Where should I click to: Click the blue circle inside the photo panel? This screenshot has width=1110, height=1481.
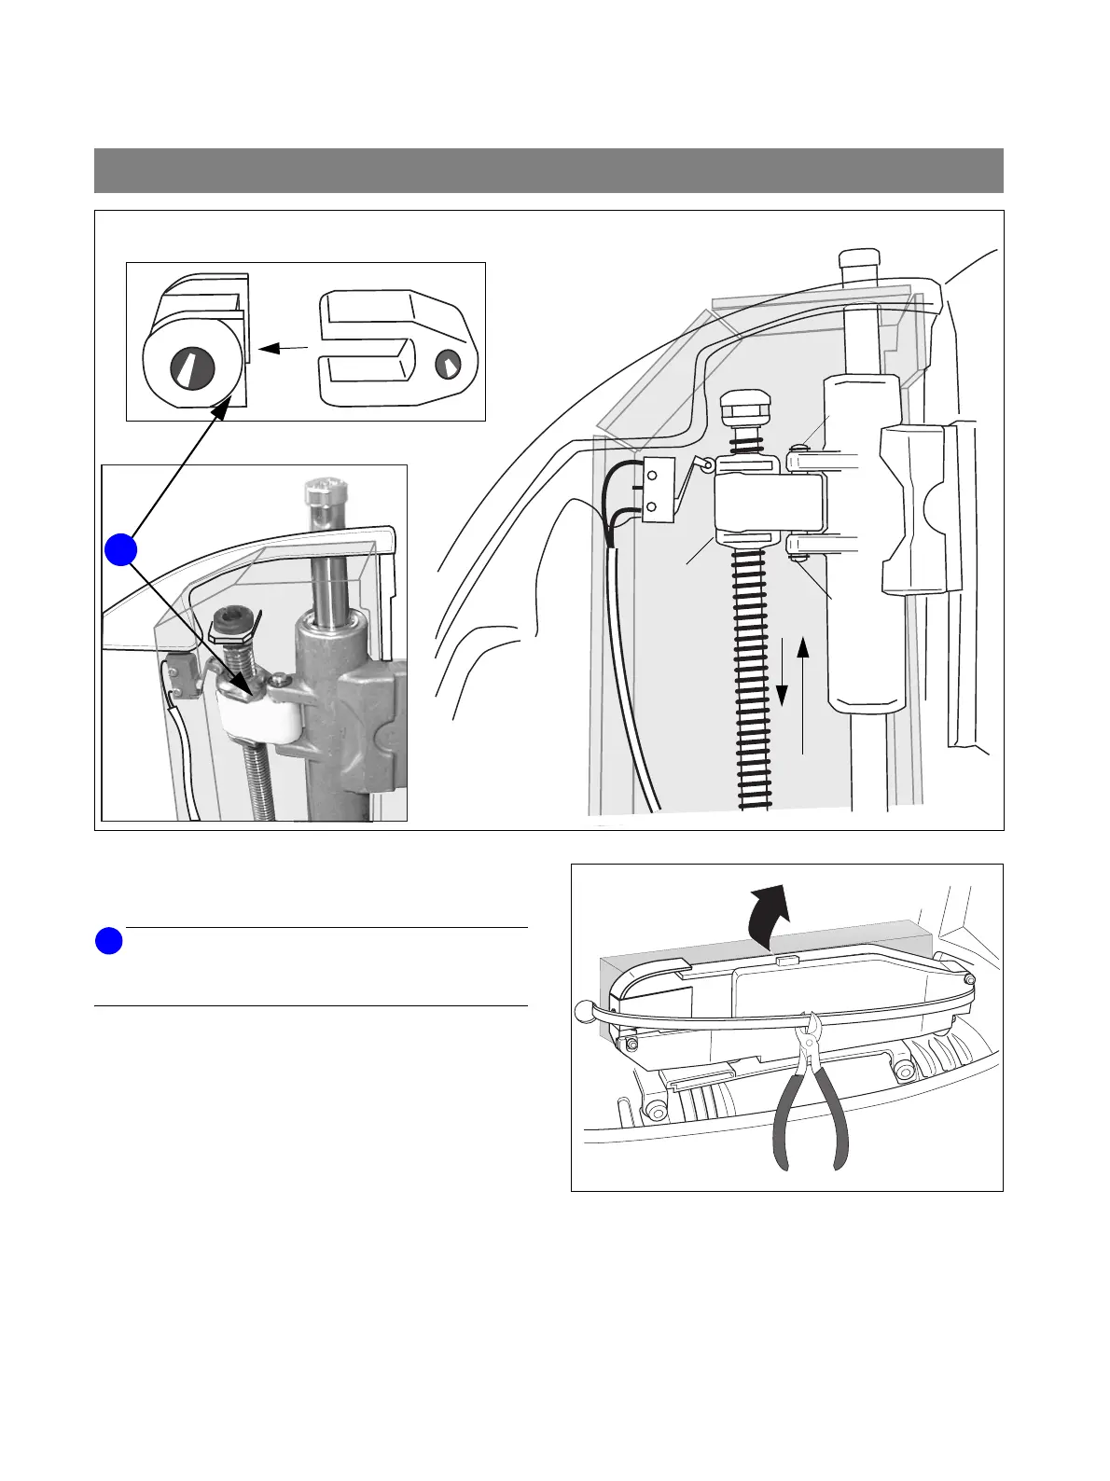120,549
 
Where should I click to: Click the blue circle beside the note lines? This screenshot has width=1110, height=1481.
108,941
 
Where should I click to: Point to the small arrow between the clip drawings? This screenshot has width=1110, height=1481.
283,349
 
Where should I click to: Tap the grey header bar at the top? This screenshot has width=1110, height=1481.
548,170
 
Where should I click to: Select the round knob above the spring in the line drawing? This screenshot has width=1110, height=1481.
743,408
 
